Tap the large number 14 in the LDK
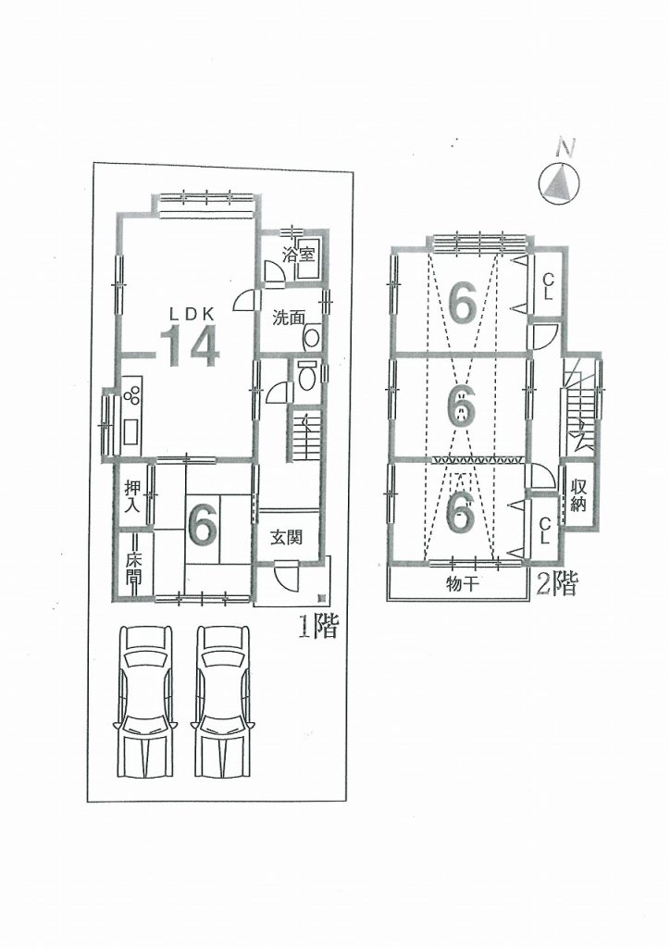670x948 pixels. pos(189,346)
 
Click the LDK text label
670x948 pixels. pos(191,313)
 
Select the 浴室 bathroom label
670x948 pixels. pos(299,255)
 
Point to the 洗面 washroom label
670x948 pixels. pos(288,318)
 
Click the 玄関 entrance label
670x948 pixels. pos(286,536)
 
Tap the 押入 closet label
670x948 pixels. pos(133,496)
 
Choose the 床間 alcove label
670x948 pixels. pos(133,569)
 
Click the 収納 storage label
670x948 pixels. pos(578,494)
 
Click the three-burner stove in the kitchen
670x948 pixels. pos(132,394)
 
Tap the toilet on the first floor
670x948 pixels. pos(308,378)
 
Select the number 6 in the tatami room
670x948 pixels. pos(203,524)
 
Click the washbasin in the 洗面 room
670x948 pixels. pos(312,337)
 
